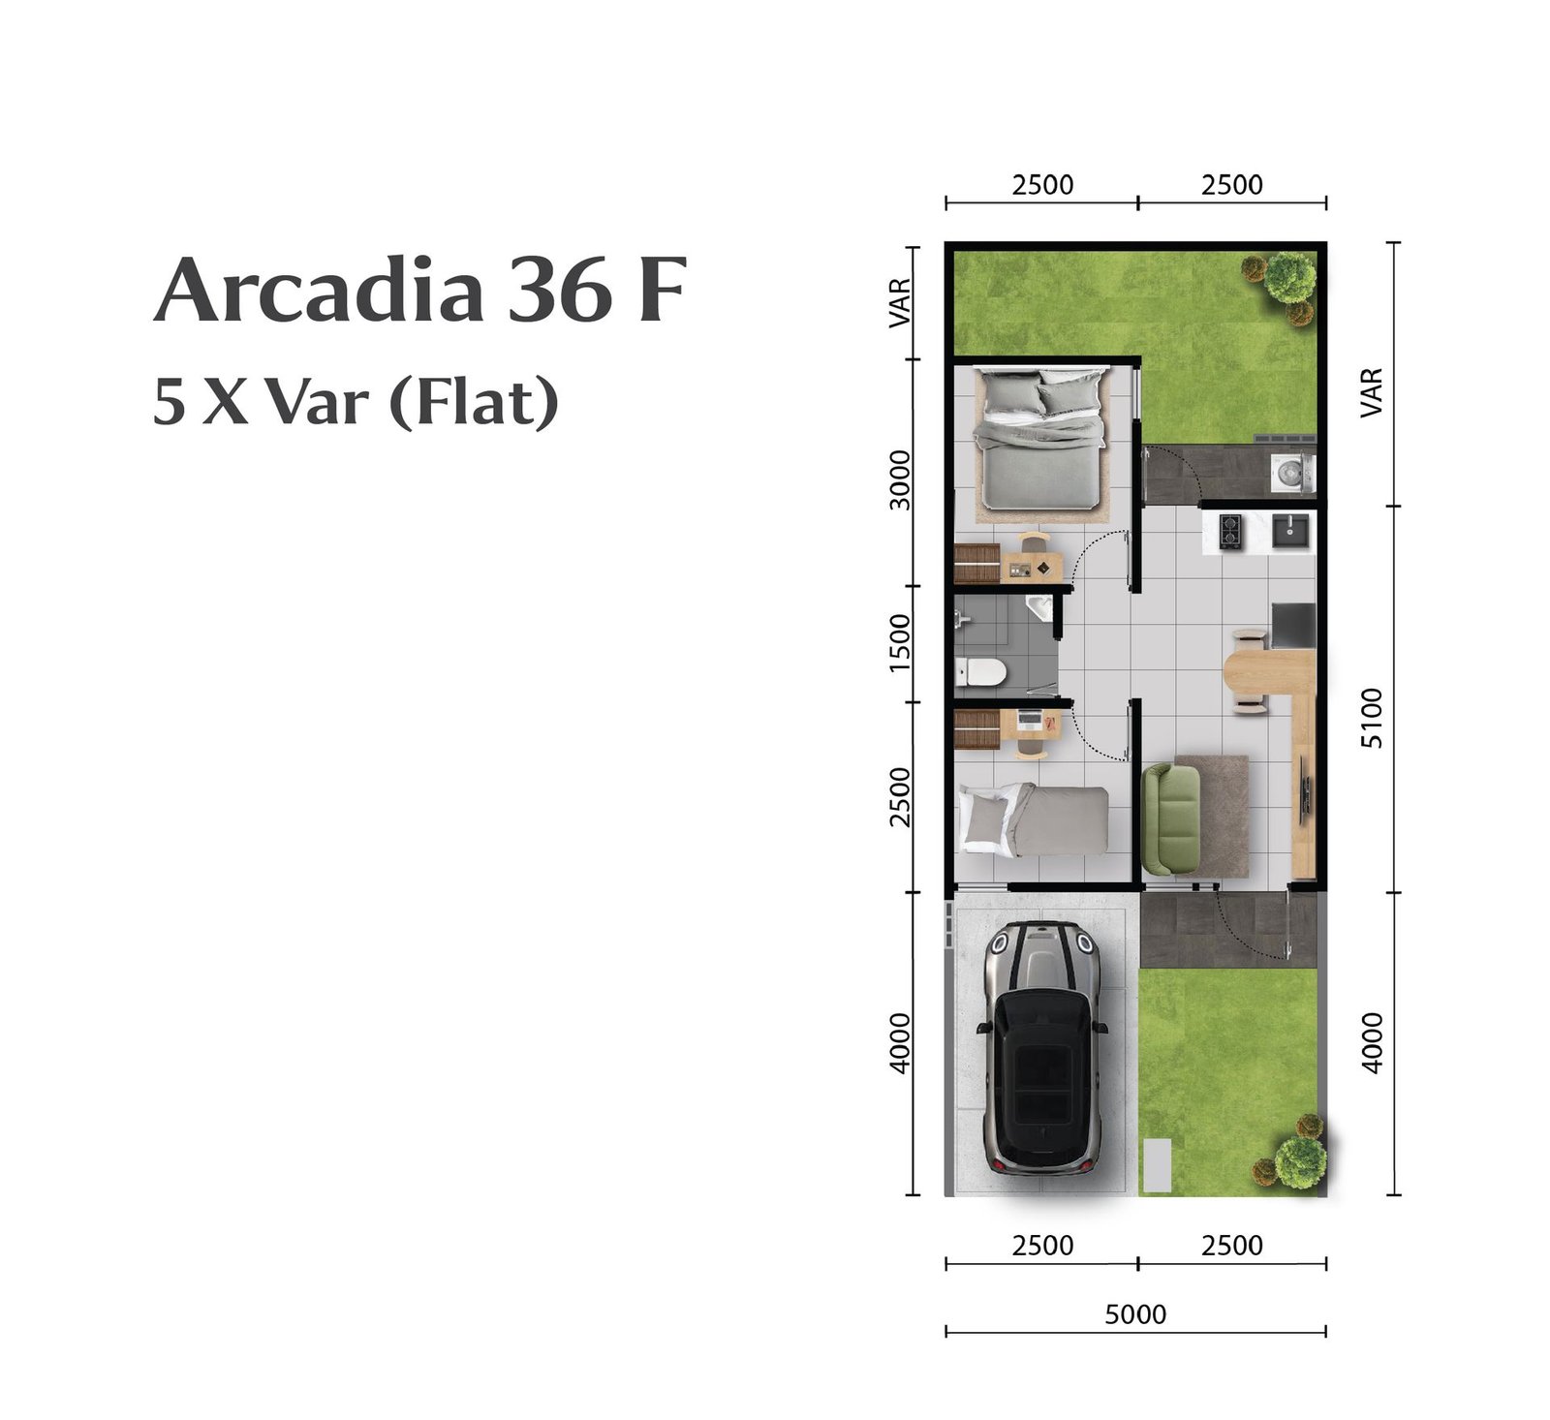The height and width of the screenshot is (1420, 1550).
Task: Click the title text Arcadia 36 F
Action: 420,289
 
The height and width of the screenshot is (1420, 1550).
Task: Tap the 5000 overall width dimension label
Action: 1135,1313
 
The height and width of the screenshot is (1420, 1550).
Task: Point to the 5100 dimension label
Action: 1372,718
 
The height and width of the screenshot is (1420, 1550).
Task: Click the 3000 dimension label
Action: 900,479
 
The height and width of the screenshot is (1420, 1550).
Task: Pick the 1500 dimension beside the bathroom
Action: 900,643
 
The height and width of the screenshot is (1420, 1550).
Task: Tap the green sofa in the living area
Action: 1170,818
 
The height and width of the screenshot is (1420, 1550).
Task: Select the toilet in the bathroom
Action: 980,671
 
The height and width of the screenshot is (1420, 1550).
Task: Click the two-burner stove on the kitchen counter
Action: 1230,530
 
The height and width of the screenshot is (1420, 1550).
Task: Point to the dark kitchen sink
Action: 1290,529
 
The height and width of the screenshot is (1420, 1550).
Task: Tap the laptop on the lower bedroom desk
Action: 1027,720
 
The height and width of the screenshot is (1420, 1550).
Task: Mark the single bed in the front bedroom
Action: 1033,819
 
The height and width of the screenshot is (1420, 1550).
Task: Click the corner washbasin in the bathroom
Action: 1040,608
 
